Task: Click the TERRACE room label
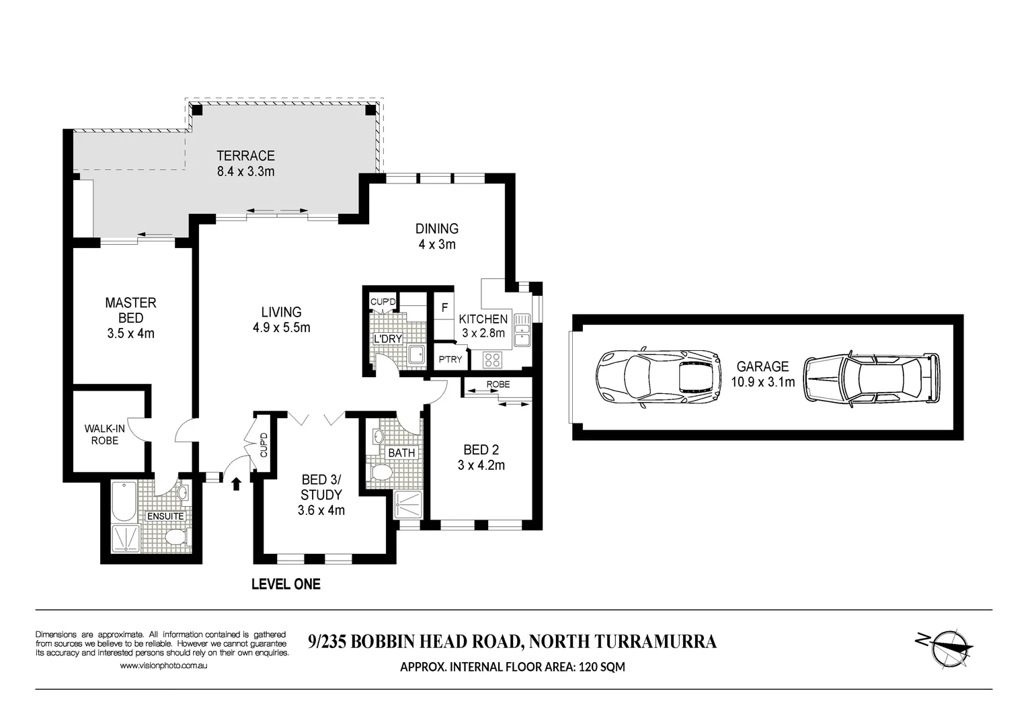click(x=245, y=155)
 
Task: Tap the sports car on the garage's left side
click(x=658, y=378)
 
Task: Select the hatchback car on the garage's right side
click(x=872, y=378)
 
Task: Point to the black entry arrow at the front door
click(x=235, y=483)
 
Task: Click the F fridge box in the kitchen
click(x=444, y=309)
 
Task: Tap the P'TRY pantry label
click(x=450, y=359)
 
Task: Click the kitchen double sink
click(x=522, y=329)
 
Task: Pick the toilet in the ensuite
click(x=175, y=536)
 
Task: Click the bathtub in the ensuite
click(x=123, y=501)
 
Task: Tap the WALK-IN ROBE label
click(x=104, y=434)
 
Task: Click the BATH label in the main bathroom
click(x=401, y=452)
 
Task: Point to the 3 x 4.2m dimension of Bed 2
click(x=481, y=465)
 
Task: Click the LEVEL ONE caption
click(x=286, y=584)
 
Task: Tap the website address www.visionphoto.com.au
click(x=163, y=665)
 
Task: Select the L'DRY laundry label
click(x=387, y=339)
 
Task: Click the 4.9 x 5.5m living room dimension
click(x=281, y=328)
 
